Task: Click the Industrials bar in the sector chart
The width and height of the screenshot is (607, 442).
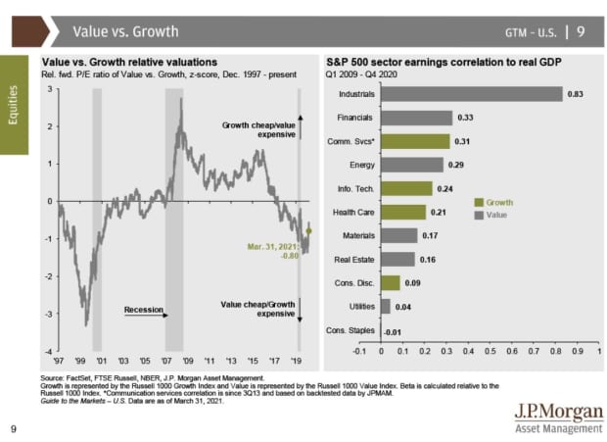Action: coord(472,94)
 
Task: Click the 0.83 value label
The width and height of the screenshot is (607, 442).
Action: coord(576,94)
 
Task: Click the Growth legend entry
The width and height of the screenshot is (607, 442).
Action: coord(498,203)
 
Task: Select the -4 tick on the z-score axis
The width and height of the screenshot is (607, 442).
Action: coord(49,350)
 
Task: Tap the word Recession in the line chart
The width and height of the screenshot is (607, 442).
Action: coord(143,310)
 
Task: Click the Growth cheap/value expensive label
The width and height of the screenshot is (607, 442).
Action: coord(259,130)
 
